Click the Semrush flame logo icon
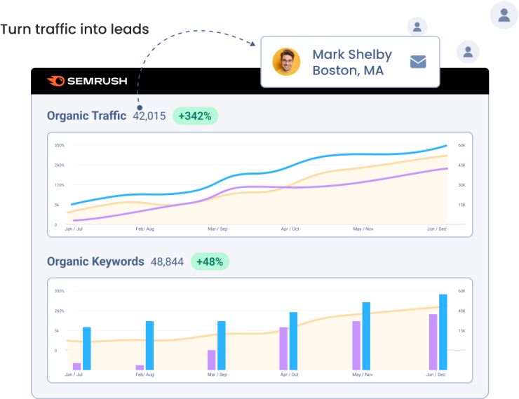pos(55,81)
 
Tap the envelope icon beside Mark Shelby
pos(418,62)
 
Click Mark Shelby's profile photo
pos(286,62)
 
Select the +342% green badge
pos(195,116)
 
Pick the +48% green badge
pos(210,262)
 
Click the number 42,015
pos(149,116)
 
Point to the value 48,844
pos(167,262)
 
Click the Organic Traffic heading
pos(86,116)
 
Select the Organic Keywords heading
pos(95,262)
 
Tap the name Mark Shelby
pos(352,55)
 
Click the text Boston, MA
pos(348,71)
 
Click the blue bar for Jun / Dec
pos(443,332)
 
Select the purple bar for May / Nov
pos(356,345)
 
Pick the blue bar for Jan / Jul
pos(87,348)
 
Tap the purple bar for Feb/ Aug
pos(140,367)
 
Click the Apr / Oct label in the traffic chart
pos(290,229)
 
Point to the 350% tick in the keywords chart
pos(60,291)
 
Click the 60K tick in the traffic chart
pos(462,145)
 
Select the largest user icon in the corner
pos(504,15)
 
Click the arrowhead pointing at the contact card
pos(252,43)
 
